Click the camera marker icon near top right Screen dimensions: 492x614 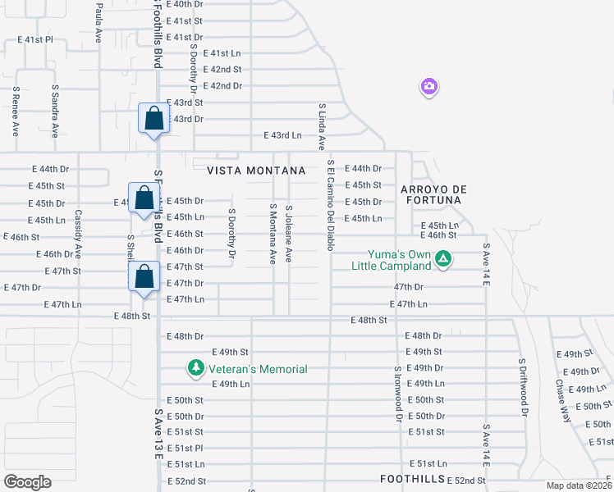point(428,87)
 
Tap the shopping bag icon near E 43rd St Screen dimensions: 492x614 point(153,119)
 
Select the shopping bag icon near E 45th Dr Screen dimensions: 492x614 point(144,198)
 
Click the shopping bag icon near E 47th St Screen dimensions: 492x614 point(144,276)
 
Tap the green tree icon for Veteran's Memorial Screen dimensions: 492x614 point(195,369)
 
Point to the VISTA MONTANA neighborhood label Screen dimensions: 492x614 point(255,171)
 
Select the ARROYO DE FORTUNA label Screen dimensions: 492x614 point(432,194)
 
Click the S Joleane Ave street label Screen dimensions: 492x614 point(288,234)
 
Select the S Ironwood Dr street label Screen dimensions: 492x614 point(397,393)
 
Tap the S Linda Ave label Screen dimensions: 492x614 point(321,126)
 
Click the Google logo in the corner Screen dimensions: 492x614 point(27,481)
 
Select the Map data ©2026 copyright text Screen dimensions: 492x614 point(579,485)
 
